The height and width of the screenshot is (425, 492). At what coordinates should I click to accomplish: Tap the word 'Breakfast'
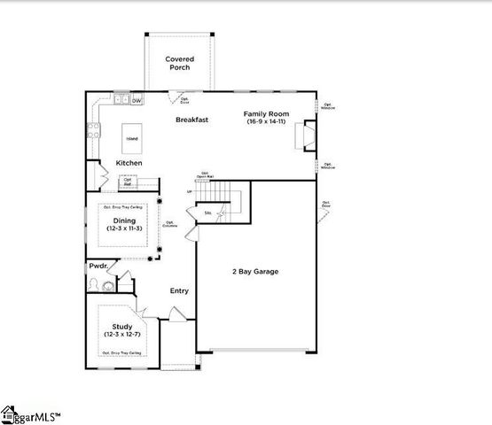(191, 120)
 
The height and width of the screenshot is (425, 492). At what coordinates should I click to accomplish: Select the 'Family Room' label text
(266, 113)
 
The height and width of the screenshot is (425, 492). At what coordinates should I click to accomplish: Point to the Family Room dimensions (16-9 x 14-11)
(266, 121)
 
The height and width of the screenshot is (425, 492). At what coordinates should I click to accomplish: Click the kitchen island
(130, 139)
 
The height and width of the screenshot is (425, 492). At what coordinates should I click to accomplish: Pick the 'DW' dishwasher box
(137, 101)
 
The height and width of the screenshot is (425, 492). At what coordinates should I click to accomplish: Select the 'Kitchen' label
(129, 163)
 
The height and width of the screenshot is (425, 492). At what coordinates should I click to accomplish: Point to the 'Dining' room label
(124, 220)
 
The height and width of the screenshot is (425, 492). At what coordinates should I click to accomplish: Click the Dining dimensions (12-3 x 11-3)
(124, 228)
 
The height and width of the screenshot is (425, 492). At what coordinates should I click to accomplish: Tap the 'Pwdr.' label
(98, 266)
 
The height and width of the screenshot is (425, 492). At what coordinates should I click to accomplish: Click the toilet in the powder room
(107, 285)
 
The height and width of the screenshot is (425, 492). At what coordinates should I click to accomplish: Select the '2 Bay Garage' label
(255, 272)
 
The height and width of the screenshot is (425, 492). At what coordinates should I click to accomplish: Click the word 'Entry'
(180, 290)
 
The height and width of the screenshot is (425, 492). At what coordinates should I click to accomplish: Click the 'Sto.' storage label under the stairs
(207, 213)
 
